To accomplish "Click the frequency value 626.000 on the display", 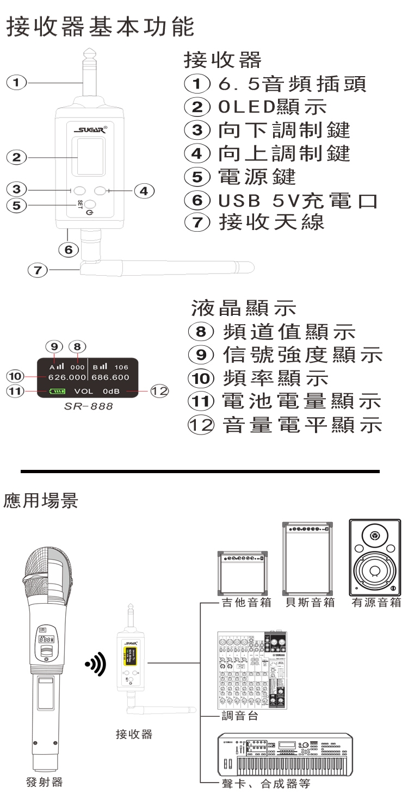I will point(68,377).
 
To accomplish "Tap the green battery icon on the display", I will point(57,391).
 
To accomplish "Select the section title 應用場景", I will point(42,500).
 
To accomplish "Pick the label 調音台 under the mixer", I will point(240,716).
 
